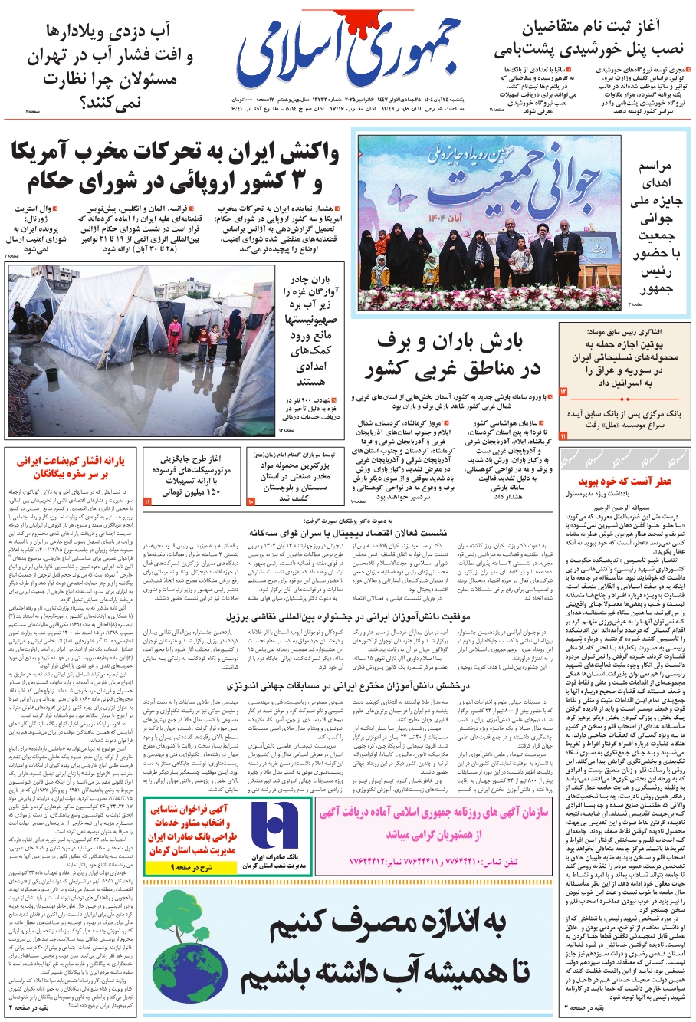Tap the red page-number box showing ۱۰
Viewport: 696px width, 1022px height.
251,501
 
